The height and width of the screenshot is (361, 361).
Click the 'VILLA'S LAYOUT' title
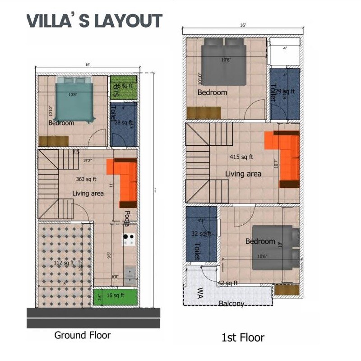click(94, 21)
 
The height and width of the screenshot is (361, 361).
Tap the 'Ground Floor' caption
click(82, 335)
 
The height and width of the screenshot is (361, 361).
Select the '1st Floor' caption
click(242, 337)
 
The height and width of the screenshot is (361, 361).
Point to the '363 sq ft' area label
click(87, 179)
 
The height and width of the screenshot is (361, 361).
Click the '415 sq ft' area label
click(241, 157)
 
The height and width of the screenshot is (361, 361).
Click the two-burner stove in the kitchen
click(129, 239)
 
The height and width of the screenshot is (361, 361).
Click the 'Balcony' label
click(231, 304)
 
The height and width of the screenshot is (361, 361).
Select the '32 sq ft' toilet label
click(201, 234)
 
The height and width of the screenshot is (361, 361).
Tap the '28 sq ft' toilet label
click(124, 122)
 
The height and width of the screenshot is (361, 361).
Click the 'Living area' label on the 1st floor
click(243, 174)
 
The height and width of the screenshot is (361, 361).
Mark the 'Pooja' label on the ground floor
click(127, 218)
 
